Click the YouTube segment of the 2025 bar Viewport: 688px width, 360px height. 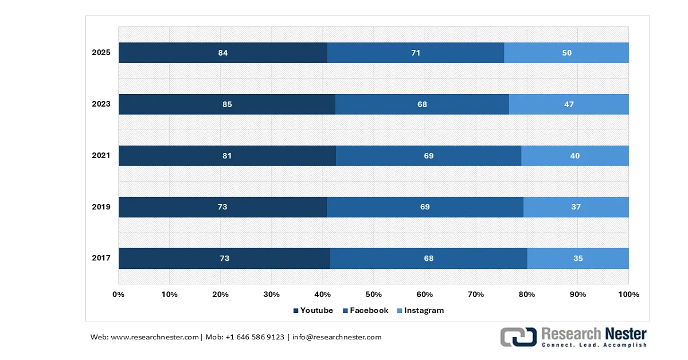tap(223, 53)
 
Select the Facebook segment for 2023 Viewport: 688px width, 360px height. tap(422, 104)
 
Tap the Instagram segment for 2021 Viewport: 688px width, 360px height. tap(575, 156)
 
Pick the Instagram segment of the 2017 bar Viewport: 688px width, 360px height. tap(578, 259)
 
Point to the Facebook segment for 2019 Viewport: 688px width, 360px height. tap(425, 207)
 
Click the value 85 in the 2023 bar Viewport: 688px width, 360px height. tap(227, 104)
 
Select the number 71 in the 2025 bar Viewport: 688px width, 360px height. tap(416, 53)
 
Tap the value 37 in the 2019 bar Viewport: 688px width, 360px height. tap(576, 207)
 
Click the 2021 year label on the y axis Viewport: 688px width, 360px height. tap(101, 155)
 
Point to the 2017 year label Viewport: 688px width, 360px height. tap(101, 258)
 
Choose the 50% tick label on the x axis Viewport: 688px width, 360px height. tap(373, 295)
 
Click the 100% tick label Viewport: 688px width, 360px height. tap(629, 295)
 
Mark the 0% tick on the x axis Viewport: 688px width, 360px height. tap(118, 295)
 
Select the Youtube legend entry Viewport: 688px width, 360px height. tap(313, 311)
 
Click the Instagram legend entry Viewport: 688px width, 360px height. tap(421, 311)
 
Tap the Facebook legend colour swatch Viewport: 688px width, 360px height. tap(345, 311)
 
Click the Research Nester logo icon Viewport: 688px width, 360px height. tap(518, 337)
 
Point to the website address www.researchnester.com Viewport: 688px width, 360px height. tap(154, 337)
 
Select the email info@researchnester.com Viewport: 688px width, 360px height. tap(337, 337)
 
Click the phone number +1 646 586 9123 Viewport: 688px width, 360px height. tap(255, 337)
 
